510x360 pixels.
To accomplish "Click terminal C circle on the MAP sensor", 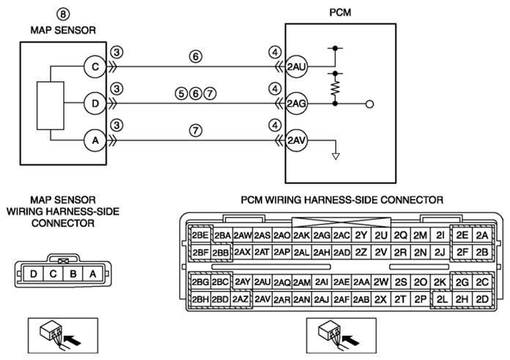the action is click(95, 67).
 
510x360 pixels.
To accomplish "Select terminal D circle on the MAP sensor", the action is click(95, 104).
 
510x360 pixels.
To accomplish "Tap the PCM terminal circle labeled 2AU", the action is click(296, 67).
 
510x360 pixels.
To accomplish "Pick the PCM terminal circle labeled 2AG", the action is click(296, 104).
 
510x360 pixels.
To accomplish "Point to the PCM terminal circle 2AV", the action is click(296, 141).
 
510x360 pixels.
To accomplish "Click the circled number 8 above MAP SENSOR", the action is click(63, 14).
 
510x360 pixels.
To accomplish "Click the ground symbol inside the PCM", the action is click(336, 156).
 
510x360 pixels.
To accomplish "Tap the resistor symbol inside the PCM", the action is click(336, 88).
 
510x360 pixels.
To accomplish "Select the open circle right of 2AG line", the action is click(369, 104).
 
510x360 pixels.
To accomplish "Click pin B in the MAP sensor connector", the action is click(73, 274).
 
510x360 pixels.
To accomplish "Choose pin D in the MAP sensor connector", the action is click(34, 274).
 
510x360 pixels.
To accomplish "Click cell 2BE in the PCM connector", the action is click(200, 235).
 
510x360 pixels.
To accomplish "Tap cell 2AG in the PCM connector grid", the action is click(322, 235).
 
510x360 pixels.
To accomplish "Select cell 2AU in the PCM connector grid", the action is click(262, 282).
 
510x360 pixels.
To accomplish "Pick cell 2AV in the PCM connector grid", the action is click(262, 299).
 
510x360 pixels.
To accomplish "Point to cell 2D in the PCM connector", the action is click(482, 299).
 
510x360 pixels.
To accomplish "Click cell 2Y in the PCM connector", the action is click(361, 235).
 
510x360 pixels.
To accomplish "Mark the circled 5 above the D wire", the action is click(181, 94).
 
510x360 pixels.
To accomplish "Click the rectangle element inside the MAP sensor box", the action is click(51, 106).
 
